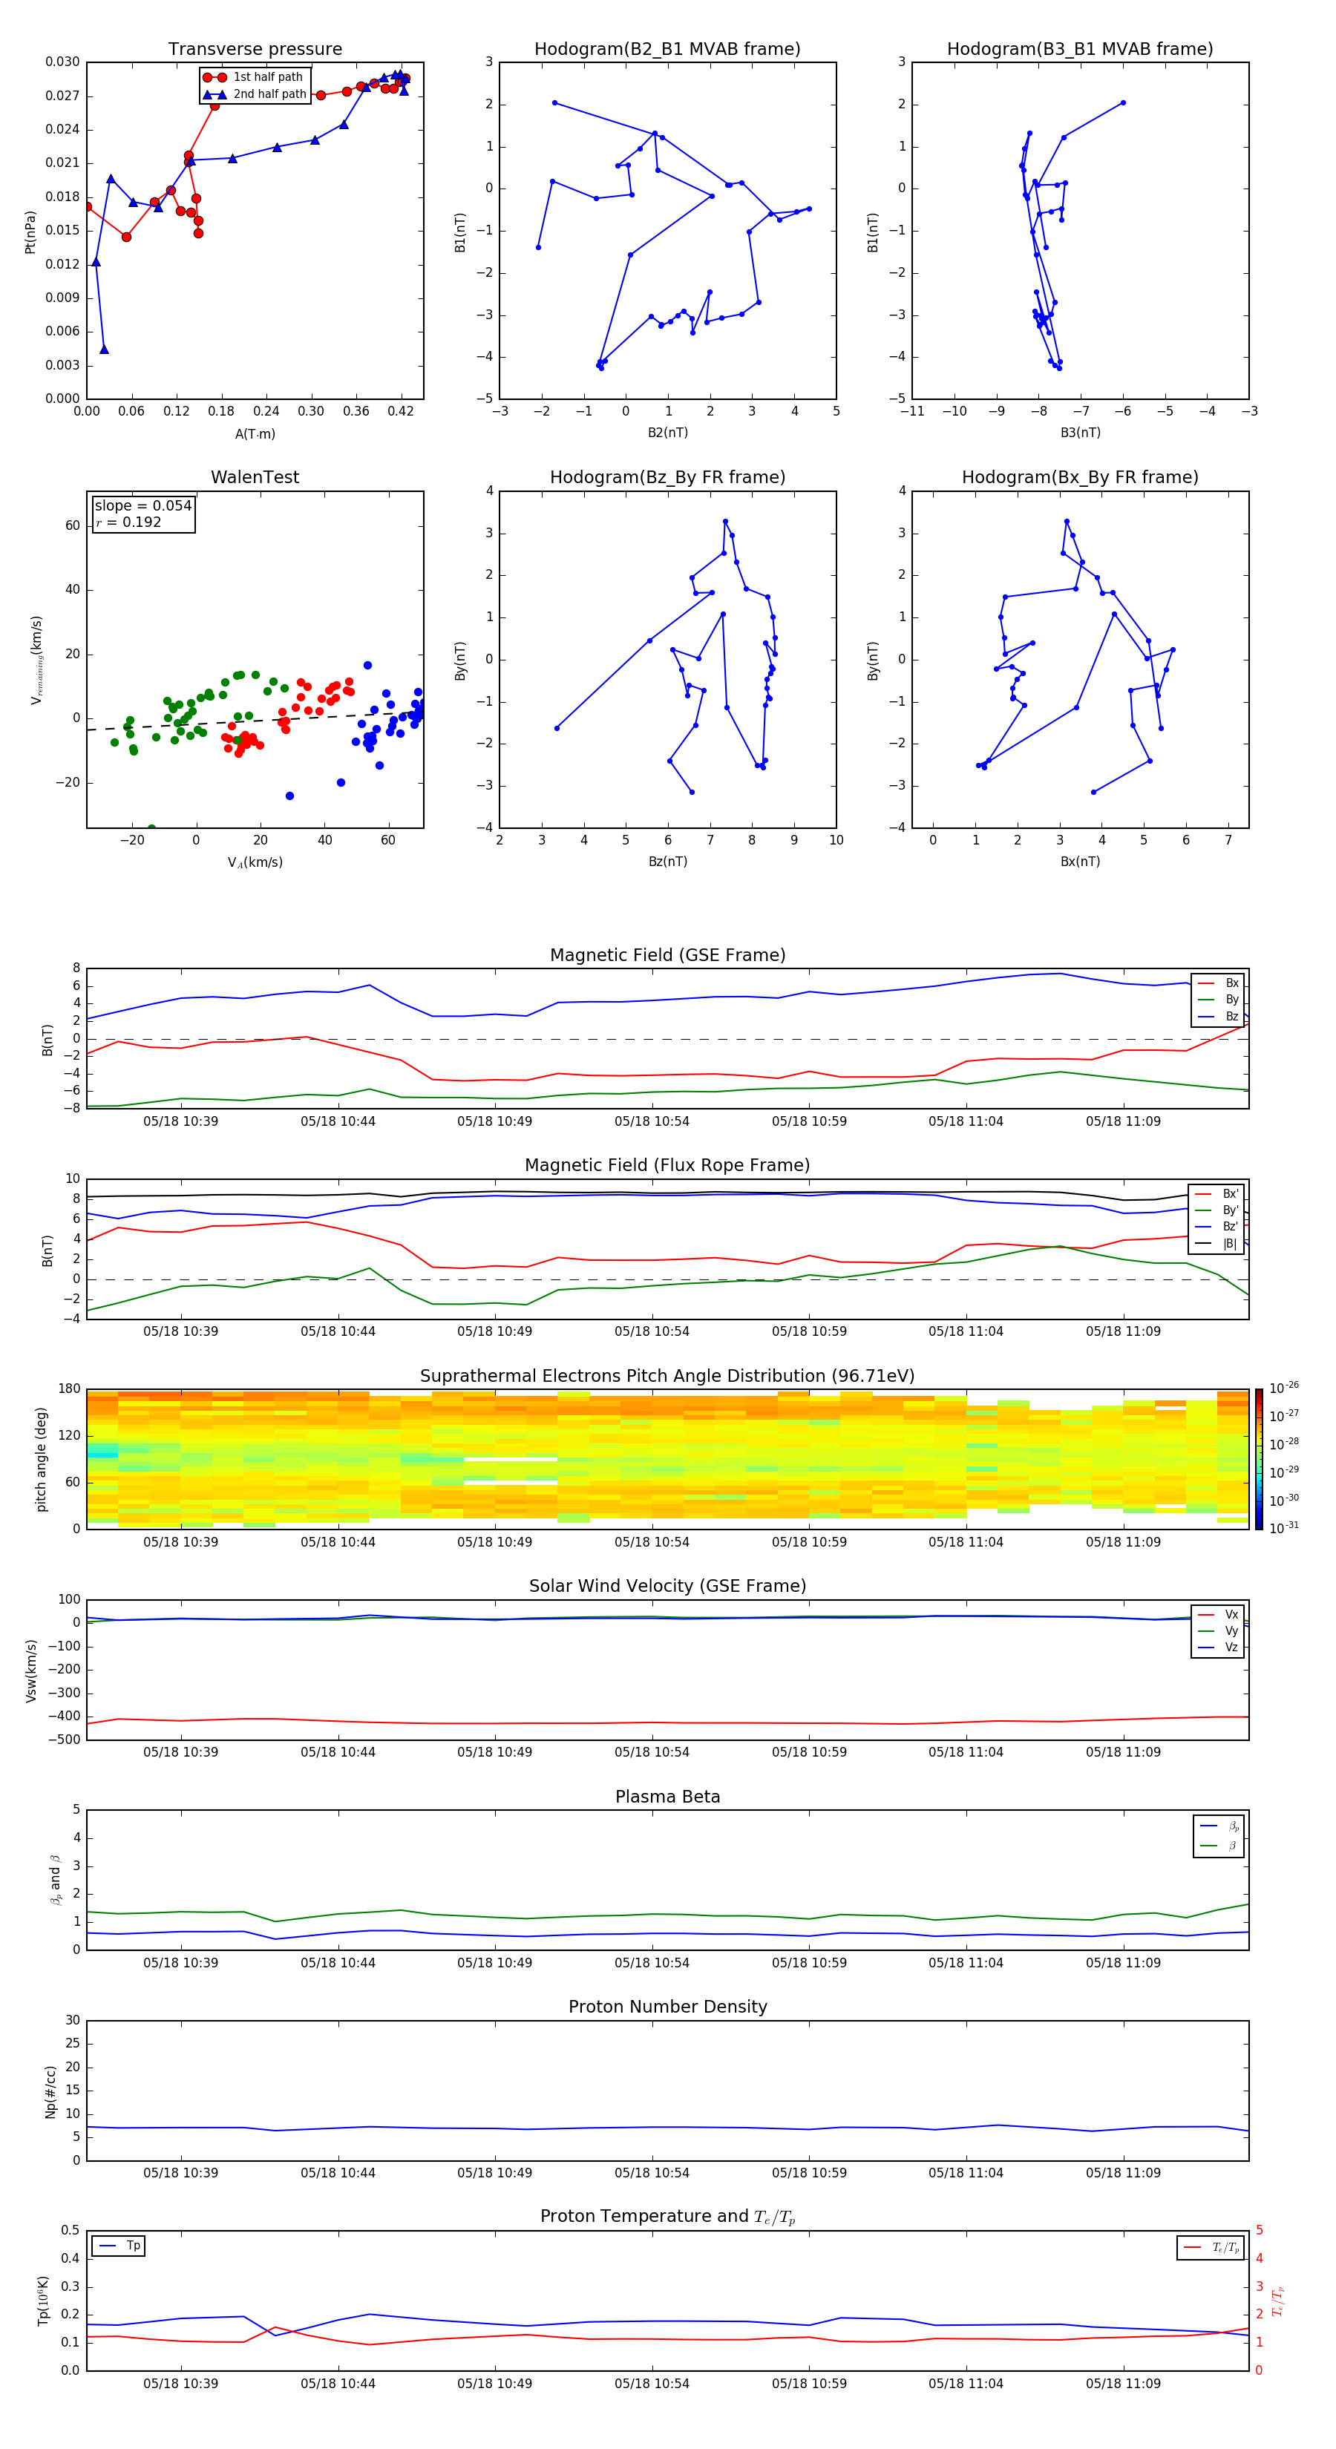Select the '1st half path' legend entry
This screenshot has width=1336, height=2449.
(x=267, y=77)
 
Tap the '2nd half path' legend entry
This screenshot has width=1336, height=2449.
(x=269, y=94)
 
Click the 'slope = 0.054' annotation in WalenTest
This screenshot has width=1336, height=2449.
(x=143, y=506)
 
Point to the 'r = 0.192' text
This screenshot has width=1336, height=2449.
(x=128, y=522)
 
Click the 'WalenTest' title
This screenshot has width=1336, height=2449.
(x=255, y=477)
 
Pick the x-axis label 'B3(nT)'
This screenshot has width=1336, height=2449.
(x=1080, y=433)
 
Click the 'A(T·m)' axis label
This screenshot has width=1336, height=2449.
(x=255, y=433)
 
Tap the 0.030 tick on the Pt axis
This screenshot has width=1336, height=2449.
(x=63, y=62)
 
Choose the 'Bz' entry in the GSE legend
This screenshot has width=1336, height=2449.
(x=1231, y=1016)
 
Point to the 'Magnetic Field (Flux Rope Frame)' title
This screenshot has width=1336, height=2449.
(x=667, y=1166)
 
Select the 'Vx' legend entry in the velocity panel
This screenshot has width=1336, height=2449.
(x=1231, y=1614)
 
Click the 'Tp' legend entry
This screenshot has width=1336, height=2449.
(x=133, y=2246)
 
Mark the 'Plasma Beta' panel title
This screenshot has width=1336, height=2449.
(x=667, y=1797)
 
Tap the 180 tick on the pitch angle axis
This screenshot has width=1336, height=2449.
(x=70, y=1389)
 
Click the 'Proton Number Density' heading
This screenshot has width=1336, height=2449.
(x=667, y=2007)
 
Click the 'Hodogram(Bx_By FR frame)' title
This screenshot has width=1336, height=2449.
(x=1079, y=477)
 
